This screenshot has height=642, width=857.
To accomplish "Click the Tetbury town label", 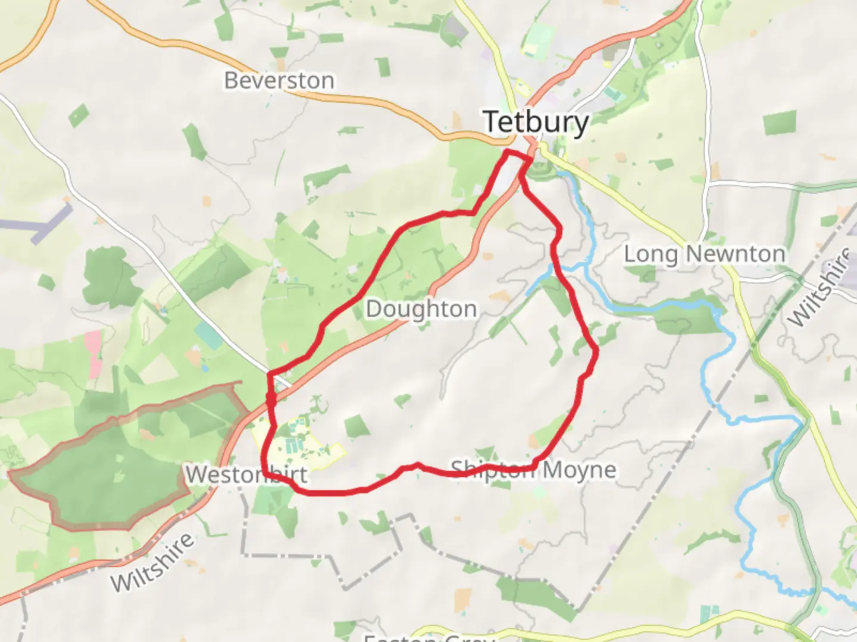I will [x=536, y=122].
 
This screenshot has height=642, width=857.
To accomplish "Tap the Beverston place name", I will [x=279, y=80].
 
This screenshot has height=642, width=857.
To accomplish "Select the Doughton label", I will [x=421, y=309].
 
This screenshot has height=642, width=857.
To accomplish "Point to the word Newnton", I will [x=735, y=254].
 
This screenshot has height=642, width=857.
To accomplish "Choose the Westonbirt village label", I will [x=246, y=474].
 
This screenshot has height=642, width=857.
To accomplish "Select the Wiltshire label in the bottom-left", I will [x=152, y=562].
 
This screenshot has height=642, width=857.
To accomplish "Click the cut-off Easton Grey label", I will [x=429, y=637].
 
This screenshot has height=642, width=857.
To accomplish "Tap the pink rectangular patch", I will [x=93, y=354].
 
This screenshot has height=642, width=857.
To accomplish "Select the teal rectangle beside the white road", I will [x=208, y=336].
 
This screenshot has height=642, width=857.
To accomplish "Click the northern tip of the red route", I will [x=508, y=153].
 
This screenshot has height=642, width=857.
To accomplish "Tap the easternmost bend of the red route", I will [x=596, y=353].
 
